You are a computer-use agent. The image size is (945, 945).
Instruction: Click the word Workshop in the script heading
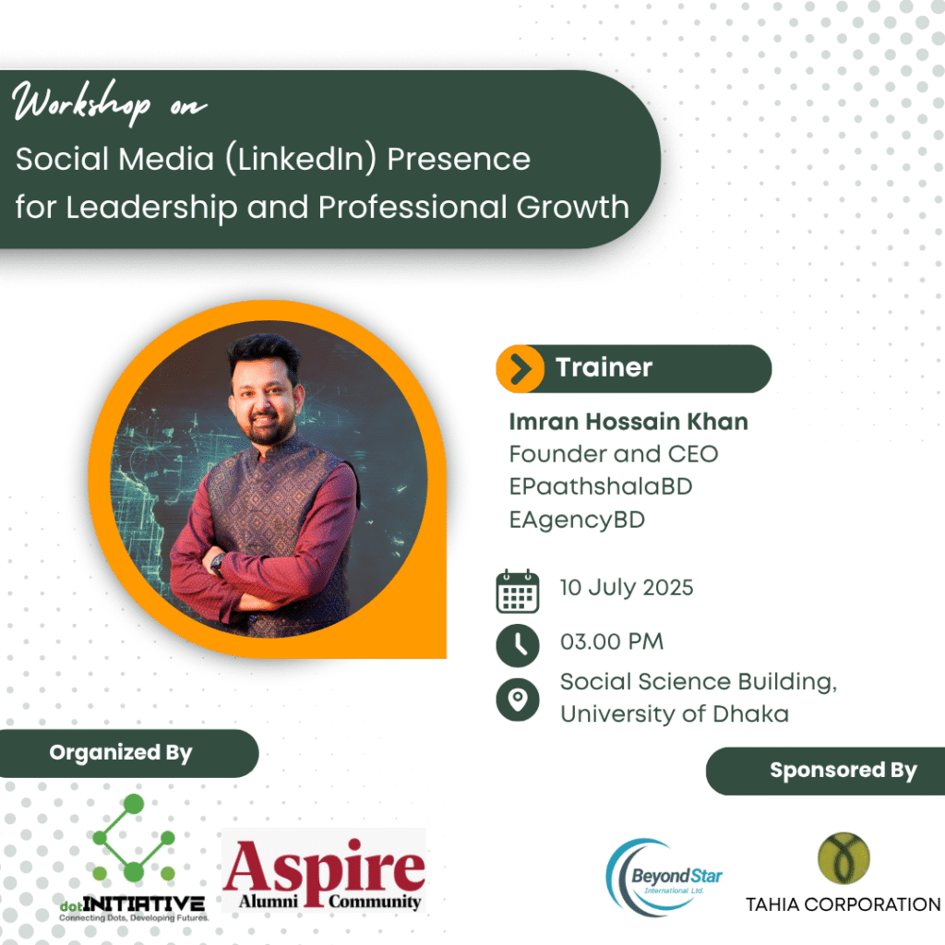81,102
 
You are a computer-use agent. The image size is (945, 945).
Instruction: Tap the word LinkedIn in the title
301,159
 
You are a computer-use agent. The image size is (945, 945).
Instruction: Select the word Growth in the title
572,207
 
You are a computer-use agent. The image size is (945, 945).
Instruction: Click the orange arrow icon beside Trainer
520,369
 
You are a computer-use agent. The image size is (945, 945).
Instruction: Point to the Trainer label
604,367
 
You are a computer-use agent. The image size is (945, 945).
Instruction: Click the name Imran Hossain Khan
628,421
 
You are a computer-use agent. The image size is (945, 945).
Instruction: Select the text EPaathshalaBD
601,486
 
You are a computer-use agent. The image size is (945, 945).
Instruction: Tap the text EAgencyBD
577,520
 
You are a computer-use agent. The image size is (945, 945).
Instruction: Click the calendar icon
518,592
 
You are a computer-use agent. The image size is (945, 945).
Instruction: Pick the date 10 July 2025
627,588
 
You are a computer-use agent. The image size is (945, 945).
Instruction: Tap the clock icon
518,645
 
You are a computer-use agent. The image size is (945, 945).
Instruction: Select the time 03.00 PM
612,641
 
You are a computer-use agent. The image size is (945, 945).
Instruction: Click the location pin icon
518,700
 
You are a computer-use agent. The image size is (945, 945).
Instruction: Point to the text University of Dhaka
675,714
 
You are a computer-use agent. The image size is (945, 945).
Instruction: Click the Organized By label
121,753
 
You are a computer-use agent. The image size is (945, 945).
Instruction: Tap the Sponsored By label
843,771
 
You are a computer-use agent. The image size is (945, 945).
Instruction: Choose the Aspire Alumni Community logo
324,871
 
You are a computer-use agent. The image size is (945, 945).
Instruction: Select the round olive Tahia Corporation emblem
843,858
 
